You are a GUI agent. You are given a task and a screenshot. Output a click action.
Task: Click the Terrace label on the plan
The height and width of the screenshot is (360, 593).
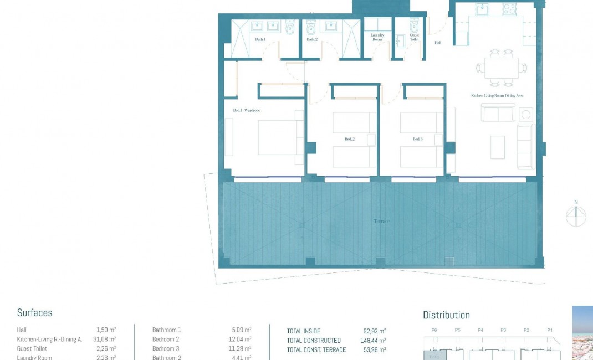click(382, 221)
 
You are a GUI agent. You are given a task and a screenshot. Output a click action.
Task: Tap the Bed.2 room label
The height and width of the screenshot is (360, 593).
click(349, 139)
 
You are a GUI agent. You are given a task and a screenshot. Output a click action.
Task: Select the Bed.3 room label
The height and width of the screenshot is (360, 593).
click(417, 139)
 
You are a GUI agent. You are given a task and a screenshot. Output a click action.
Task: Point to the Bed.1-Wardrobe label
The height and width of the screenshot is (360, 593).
click(247, 111)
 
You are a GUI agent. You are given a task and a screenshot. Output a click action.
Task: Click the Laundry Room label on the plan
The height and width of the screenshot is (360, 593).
click(377, 37)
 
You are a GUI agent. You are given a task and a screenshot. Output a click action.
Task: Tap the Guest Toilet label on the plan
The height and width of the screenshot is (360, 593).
click(414, 37)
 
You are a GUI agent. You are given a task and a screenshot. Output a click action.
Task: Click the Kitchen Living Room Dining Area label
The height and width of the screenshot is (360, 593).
click(497, 96)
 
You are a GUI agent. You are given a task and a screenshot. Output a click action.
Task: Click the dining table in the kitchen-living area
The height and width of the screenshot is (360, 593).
click(500, 68)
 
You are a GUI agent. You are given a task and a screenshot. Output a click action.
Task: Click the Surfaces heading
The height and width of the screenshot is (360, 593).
click(35, 313)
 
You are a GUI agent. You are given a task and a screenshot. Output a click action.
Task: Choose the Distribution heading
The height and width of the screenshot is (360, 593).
click(446, 315)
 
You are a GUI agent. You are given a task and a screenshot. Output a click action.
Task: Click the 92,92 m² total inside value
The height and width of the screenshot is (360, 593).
click(375, 331)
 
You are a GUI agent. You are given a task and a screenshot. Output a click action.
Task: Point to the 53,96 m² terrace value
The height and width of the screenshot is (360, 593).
click(375, 350)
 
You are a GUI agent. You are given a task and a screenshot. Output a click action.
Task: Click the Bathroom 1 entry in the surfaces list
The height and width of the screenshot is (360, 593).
click(167, 330)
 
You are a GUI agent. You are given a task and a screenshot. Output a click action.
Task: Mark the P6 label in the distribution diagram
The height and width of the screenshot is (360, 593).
click(434, 330)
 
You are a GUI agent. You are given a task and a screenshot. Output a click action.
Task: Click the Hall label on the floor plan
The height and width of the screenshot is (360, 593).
click(438, 43)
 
